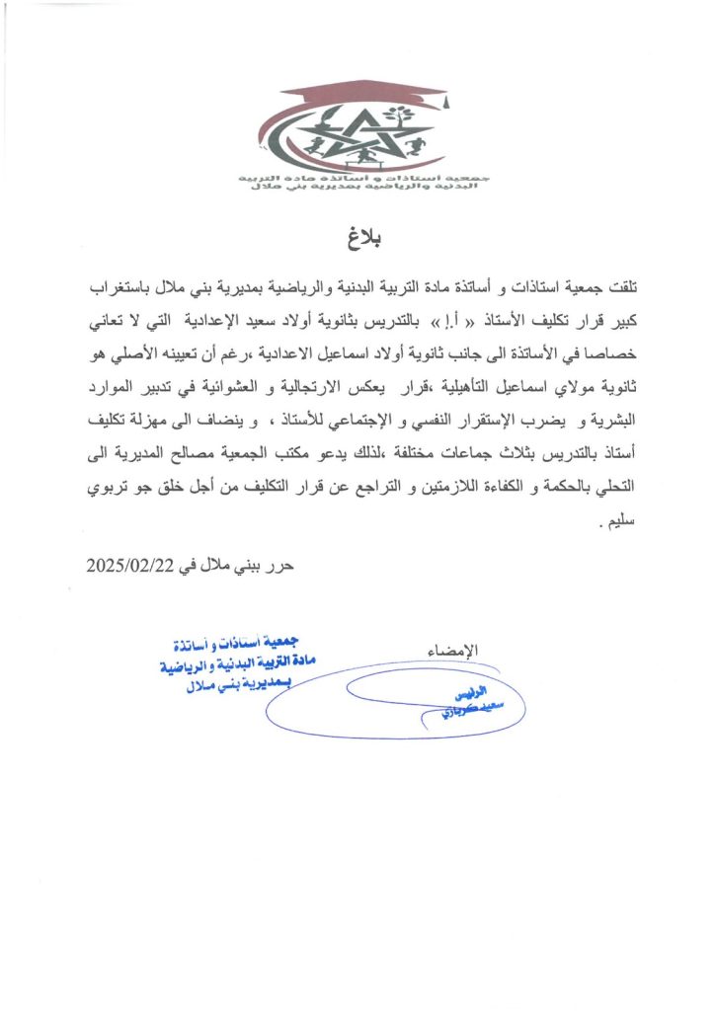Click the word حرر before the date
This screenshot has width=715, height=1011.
(x=279, y=567)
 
